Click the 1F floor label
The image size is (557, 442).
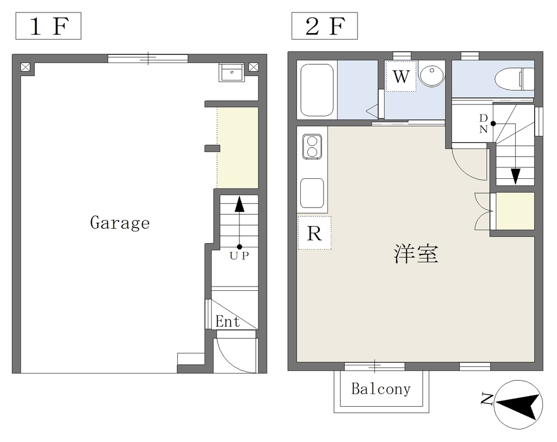point(48,26)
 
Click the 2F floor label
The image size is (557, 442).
point(324,26)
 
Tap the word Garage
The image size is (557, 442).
point(120,223)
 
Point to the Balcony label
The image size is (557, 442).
point(381,389)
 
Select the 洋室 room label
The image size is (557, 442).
point(416,253)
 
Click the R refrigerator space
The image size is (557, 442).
point(314,233)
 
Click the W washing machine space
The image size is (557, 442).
point(401,76)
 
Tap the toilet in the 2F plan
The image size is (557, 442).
point(515,79)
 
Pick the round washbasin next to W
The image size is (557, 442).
point(431,74)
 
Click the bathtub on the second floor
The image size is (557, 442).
point(317,90)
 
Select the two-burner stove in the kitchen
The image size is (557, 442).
point(312,146)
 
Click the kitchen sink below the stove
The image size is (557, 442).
point(312,193)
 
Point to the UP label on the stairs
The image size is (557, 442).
point(239,256)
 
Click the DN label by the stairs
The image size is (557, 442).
point(484,123)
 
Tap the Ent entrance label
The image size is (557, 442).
point(228,322)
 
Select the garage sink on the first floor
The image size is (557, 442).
point(232,72)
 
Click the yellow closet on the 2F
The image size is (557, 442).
point(515,211)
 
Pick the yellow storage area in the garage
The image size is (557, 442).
point(238,148)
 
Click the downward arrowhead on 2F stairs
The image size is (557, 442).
point(516,177)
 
